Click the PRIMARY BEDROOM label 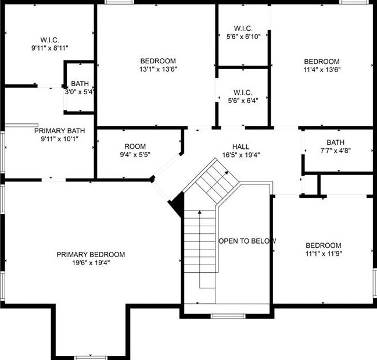point(91,254)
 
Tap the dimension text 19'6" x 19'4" point(91,262)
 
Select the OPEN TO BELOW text point(247,241)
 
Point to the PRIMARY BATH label point(60,130)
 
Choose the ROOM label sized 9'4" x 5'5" point(135,146)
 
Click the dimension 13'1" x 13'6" point(158,69)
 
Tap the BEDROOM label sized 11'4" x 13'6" point(322,62)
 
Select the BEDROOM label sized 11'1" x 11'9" point(324,245)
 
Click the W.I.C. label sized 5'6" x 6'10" point(243,28)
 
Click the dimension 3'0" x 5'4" point(80,91)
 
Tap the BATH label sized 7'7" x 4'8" point(335,142)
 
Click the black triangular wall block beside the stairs point(177,204)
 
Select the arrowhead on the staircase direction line point(200,213)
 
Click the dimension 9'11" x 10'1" point(59,138)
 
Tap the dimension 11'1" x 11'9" point(324,254)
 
